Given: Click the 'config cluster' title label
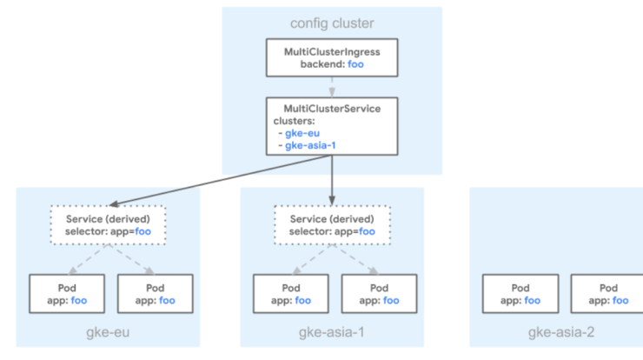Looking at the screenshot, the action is pos(332,23).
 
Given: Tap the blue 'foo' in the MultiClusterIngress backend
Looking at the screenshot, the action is pos(355,64).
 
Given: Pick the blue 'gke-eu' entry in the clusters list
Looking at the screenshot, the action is pos(302,133).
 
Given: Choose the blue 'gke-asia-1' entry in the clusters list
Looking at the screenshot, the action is pos(310,145).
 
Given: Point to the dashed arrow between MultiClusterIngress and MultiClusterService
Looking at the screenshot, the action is pos(332,87).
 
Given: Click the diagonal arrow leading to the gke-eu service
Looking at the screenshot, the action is pos(221,180).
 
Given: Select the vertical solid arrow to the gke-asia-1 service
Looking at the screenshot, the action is pos(332,180).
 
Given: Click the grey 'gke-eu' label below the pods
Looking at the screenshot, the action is pos(108,332).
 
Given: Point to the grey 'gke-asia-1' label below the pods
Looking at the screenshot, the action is pos(332,332).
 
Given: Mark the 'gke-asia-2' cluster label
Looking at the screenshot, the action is pos(561,332).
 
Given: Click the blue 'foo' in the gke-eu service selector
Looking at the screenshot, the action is pos(143,231).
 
